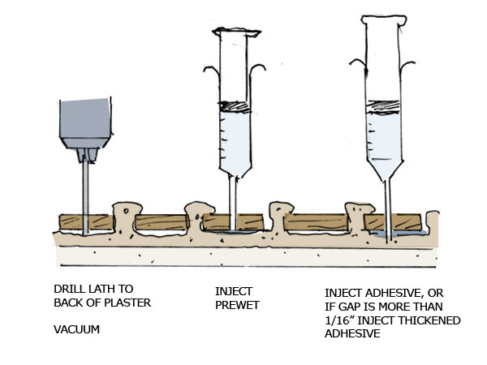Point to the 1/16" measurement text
(341, 320)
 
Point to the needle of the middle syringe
(235, 203)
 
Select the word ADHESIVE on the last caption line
(353, 334)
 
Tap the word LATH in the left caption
(102, 289)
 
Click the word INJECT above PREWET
(234, 290)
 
